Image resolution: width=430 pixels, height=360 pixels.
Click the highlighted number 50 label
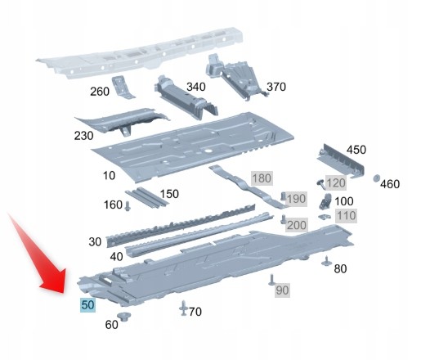point(87,305)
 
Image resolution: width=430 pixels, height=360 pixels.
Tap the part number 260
point(100,92)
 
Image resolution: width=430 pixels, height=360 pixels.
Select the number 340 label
point(196,87)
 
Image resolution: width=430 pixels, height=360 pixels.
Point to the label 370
point(276,87)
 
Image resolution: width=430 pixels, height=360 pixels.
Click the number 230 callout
point(83,136)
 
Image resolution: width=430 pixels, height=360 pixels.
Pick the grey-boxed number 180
point(262,178)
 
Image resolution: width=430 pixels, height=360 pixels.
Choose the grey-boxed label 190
point(296,199)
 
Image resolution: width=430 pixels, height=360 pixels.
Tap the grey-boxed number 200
point(296,225)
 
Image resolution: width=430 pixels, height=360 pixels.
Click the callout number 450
point(356,150)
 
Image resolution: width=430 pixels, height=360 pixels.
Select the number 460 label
point(390,184)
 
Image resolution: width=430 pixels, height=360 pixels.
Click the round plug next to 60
point(123,316)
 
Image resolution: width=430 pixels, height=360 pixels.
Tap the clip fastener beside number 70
point(183,308)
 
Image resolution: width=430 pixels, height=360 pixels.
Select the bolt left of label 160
point(128,206)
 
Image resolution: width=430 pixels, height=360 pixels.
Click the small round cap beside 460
point(376,178)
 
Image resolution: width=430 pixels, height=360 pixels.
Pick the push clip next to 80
point(327,261)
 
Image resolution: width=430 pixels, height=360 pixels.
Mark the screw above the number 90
point(271,280)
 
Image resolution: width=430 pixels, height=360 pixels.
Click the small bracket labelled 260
point(123,87)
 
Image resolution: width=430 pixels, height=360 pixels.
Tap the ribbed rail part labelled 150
point(146,198)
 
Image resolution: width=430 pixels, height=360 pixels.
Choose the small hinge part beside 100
point(325,201)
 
